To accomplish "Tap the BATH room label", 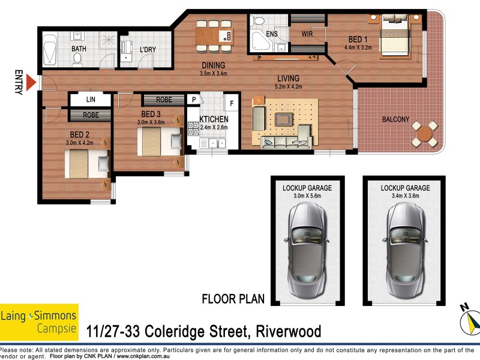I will point(79,49).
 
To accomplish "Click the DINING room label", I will point(213,65).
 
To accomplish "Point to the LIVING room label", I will point(288,78).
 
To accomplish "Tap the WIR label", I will point(308,33).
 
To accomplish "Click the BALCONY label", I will point(395,119).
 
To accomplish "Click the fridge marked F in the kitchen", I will point(230,101).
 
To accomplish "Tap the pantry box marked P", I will point(194,100).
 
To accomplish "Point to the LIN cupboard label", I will point(91,98).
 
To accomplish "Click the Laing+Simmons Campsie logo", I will point(39,322).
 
